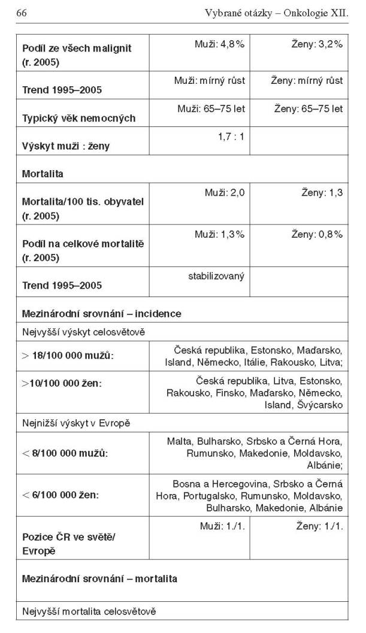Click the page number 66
click(22, 13)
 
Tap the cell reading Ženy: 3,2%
click(318, 44)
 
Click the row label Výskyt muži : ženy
click(66, 146)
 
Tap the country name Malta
click(179, 441)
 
